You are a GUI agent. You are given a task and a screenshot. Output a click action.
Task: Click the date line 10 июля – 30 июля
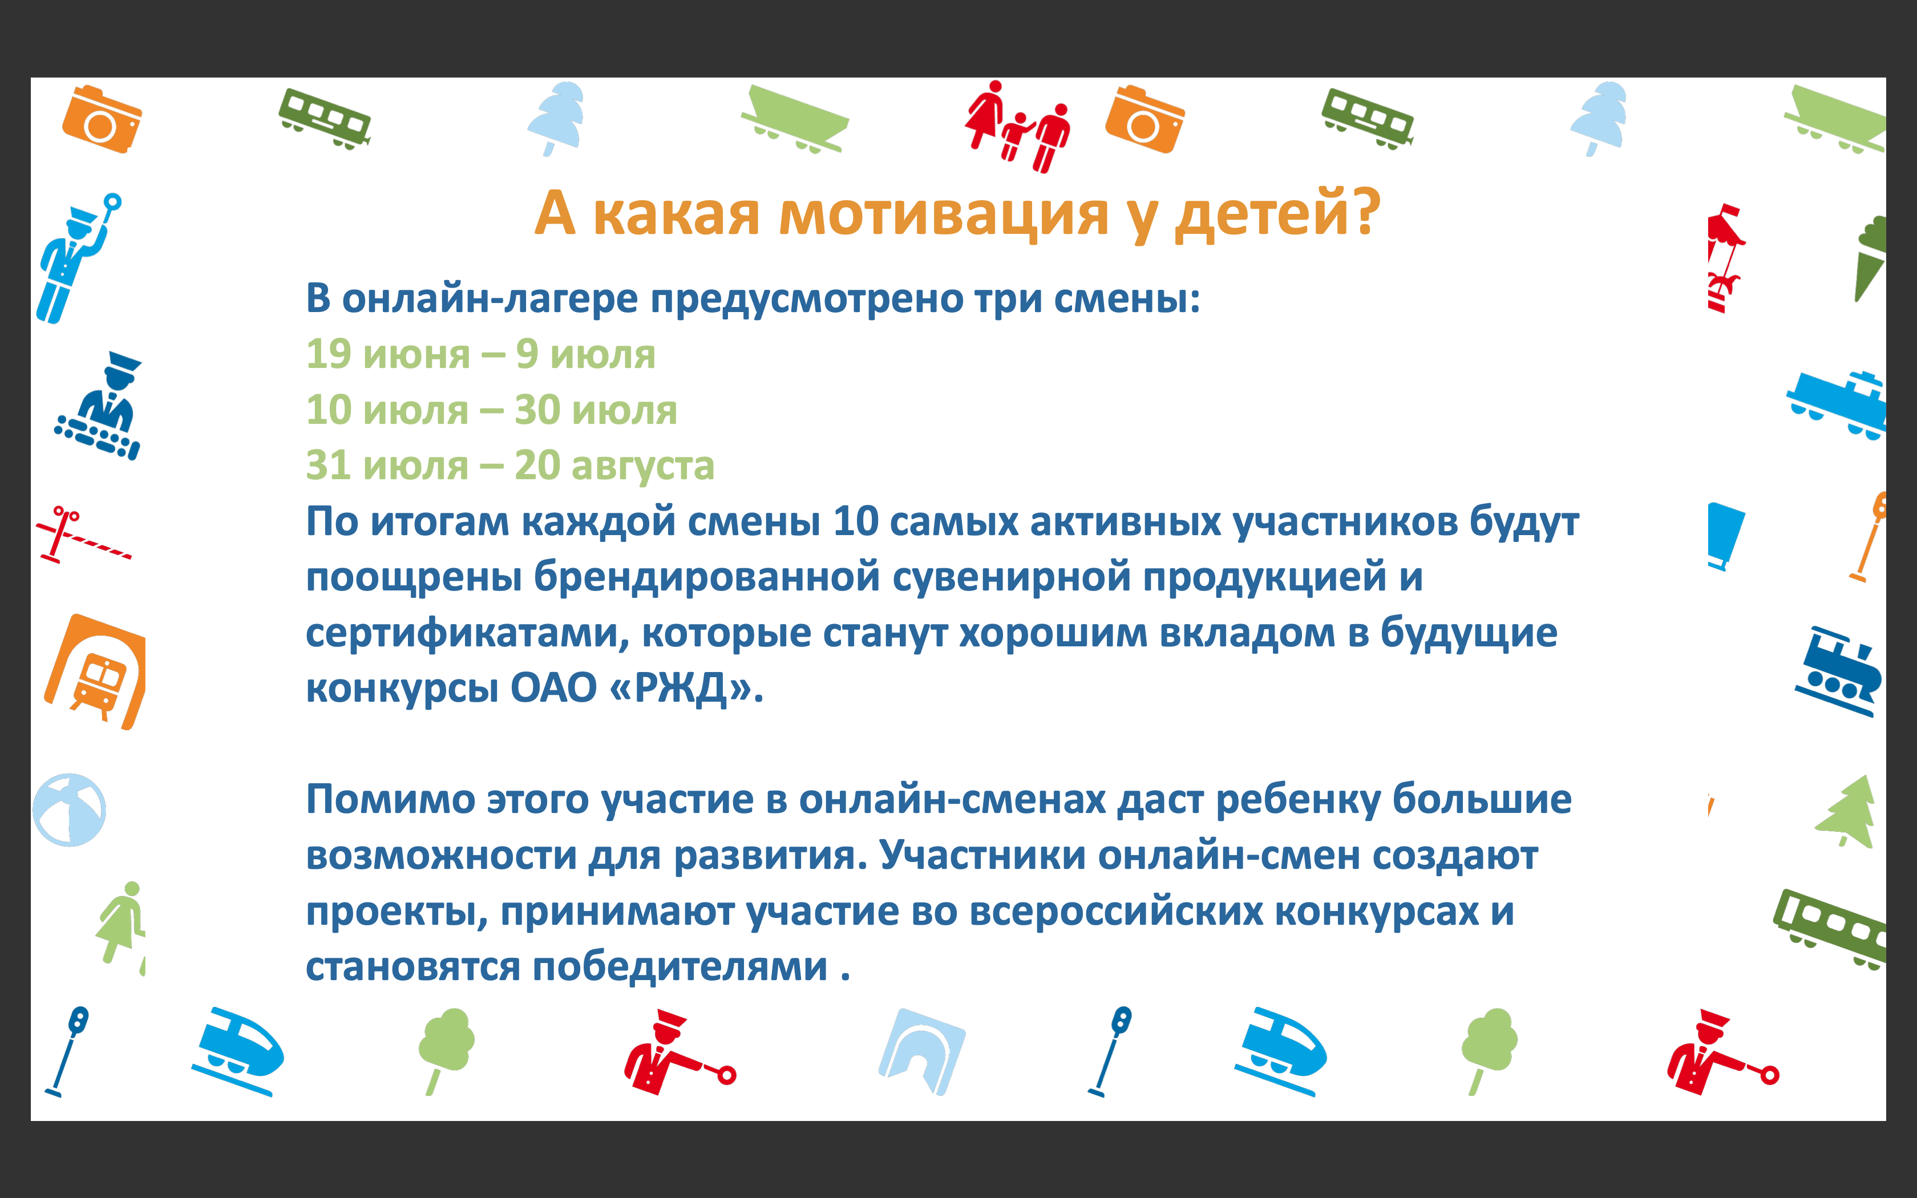coord(492,410)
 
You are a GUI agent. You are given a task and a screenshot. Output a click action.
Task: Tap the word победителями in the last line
coord(680,966)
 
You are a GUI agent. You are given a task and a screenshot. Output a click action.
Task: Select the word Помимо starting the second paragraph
coord(390,799)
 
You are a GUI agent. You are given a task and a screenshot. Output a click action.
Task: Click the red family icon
coord(1018,126)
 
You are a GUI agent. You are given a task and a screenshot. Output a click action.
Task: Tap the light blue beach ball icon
coord(70,810)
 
